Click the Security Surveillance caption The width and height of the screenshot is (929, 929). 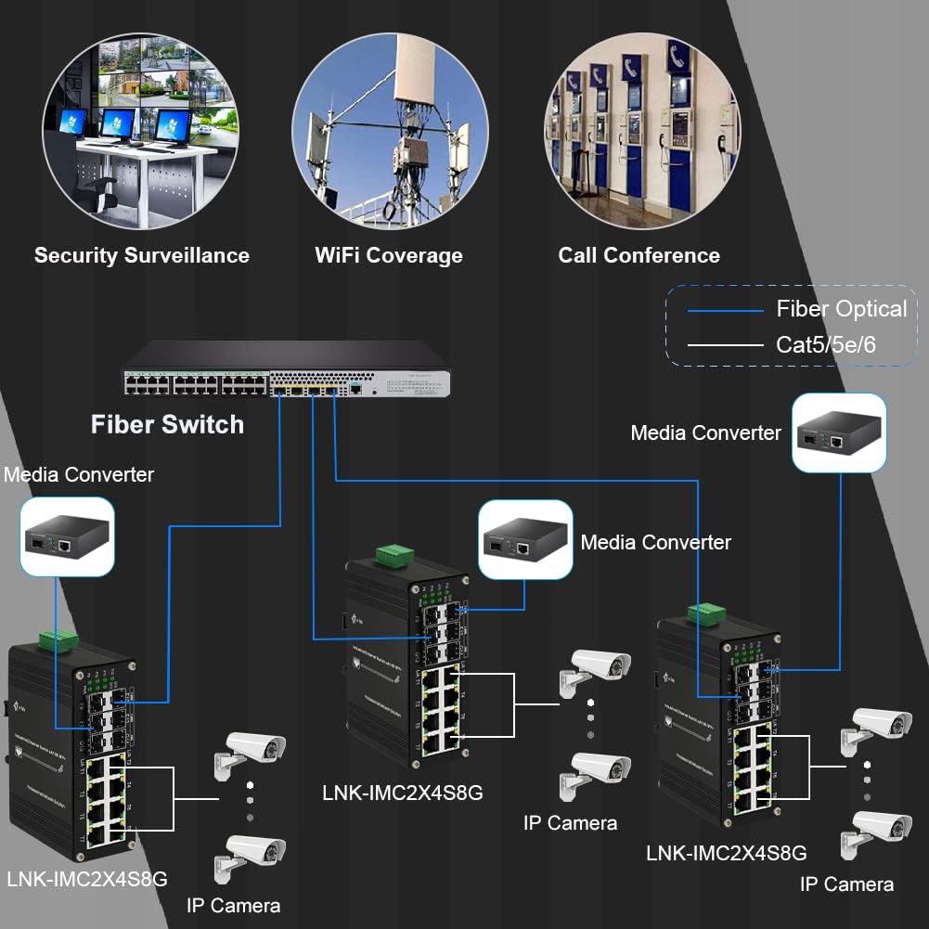[x=142, y=255]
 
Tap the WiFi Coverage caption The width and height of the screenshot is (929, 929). [x=388, y=255]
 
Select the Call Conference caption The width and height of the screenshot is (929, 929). [x=639, y=255]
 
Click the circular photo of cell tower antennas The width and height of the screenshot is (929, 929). [x=390, y=131]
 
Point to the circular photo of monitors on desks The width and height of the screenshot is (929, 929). [x=140, y=131]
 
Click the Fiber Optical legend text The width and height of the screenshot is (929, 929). [x=841, y=309]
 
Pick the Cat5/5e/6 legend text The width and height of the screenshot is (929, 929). [x=826, y=345]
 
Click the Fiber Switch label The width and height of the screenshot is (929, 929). [x=167, y=425]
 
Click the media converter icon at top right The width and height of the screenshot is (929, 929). [x=839, y=432]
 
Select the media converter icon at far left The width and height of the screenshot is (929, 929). [x=67, y=536]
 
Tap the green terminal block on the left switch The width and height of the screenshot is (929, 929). [x=58, y=639]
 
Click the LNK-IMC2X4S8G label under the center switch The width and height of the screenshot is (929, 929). [x=403, y=794]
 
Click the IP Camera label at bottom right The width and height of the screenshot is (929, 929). [x=846, y=884]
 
